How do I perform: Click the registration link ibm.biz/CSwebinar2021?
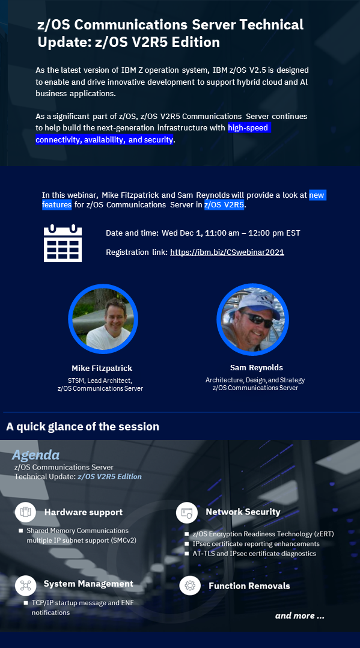point(227,252)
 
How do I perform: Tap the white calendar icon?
point(63,243)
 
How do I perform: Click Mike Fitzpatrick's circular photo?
point(103,319)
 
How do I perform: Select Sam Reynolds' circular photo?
point(252,319)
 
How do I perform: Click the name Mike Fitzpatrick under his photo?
point(102,368)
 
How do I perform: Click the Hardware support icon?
point(26,512)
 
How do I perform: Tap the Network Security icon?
point(186,512)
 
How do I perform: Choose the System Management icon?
point(26,585)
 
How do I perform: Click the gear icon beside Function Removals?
point(190,585)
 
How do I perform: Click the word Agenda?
point(35,456)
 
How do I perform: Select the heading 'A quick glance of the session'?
point(83,427)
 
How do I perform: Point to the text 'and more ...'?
point(300,616)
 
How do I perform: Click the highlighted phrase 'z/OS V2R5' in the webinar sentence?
point(224,205)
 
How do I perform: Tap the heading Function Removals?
point(249,586)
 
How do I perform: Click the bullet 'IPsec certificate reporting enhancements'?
point(256,544)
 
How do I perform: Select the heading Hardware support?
point(84,512)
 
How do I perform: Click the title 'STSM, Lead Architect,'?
point(100,380)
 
